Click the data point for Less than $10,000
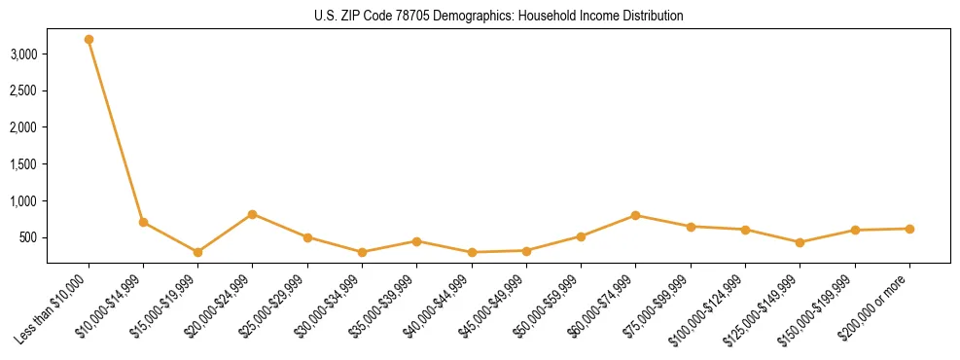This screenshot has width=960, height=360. (89, 40)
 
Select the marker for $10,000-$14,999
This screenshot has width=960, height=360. (143, 222)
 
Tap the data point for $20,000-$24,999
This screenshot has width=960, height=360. (253, 214)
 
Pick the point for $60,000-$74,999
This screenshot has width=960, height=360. (636, 215)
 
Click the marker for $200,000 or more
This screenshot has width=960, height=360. (909, 229)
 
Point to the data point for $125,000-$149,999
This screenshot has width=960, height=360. (800, 242)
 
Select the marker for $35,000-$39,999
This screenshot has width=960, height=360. (416, 241)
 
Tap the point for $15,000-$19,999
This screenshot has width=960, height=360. (198, 252)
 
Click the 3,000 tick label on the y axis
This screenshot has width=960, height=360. (24, 54)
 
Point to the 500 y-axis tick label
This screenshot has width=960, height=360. (29, 237)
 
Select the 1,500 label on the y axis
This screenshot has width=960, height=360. (24, 164)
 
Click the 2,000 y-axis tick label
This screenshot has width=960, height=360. (24, 127)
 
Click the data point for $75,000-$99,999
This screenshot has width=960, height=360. (691, 227)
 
